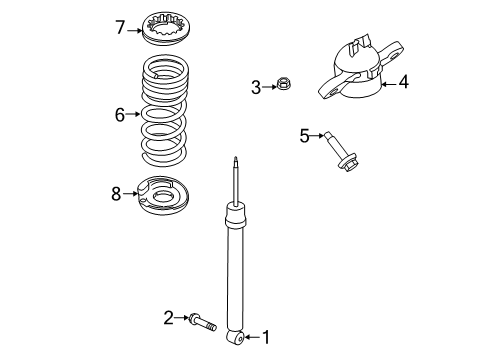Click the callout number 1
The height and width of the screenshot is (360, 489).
267,337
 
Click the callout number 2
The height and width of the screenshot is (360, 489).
169,318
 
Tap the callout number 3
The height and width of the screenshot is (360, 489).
256,88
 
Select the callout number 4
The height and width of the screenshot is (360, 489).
403,83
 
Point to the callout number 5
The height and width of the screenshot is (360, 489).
305,135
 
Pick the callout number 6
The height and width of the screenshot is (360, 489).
120,115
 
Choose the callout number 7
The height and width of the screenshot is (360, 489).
120,27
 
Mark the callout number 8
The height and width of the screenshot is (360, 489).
116,193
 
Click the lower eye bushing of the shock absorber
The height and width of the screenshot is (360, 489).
236,337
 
